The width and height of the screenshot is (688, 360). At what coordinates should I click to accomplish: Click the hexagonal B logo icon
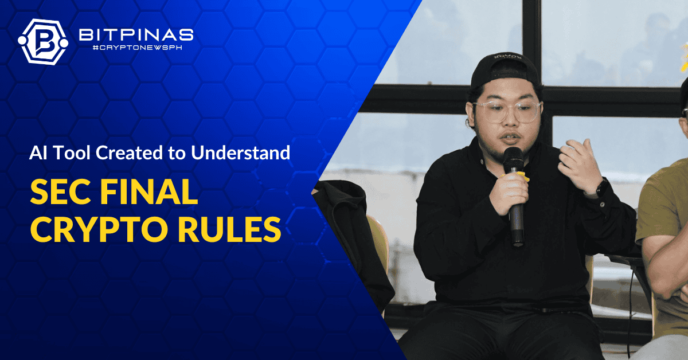coord(43,42)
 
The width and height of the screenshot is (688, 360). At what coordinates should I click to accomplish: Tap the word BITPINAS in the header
coord(136,35)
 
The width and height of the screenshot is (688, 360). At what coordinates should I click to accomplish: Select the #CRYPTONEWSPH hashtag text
coord(137,48)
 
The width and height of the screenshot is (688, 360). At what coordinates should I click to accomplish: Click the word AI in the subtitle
coord(38,152)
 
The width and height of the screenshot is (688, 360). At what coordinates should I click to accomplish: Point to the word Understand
coord(240,152)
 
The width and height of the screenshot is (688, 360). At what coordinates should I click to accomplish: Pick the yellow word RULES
coord(230,229)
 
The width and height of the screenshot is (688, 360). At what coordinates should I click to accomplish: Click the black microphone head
coord(513,160)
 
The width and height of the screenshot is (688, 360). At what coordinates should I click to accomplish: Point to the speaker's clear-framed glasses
coord(507,112)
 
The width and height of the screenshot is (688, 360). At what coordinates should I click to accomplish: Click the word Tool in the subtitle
coord(72,152)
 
